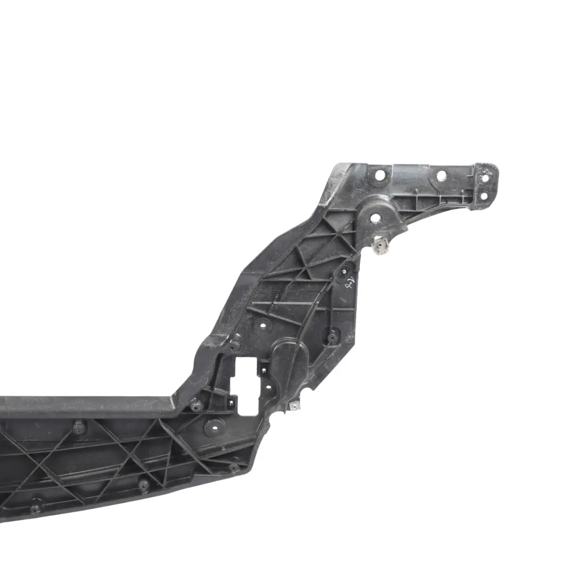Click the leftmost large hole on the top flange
click(x=379, y=175)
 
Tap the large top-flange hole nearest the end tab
click(x=441, y=176)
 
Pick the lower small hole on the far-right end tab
click(x=483, y=196)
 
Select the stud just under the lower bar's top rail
click(x=79, y=426)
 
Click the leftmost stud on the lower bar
click(x=36, y=508)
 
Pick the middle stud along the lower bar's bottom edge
click(x=143, y=484)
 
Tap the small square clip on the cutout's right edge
click(x=263, y=368)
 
